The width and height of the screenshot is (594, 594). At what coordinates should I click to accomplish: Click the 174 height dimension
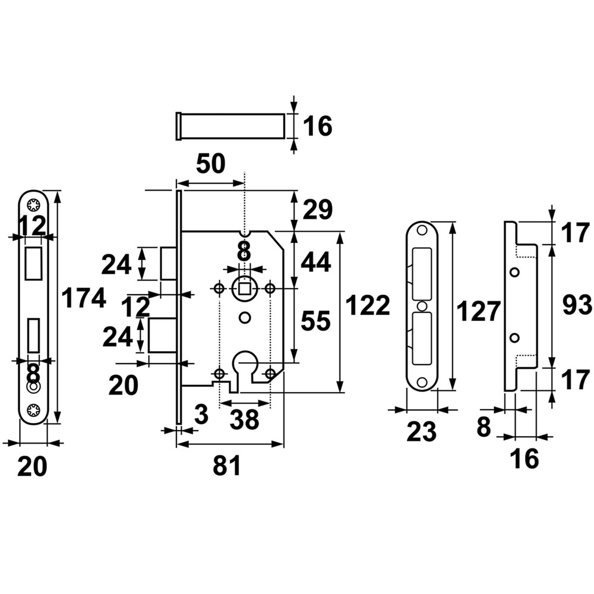click(84, 298)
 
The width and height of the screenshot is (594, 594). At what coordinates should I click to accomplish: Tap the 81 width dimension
click(227, 466)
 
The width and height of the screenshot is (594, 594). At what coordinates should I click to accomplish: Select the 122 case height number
click(368, 306)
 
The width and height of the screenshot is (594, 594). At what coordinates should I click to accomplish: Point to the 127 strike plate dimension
click(478, 311)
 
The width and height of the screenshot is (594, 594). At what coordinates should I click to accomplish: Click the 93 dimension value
click(577, 305)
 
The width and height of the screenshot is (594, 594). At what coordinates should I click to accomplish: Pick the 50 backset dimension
click(211, 164)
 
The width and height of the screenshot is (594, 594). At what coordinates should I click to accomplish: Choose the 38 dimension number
click(244, 420)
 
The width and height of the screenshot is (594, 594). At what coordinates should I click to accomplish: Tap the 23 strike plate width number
click(422, 432)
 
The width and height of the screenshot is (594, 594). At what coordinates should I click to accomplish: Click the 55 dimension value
click(315, 321)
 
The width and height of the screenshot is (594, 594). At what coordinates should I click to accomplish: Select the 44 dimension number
click(315, 262)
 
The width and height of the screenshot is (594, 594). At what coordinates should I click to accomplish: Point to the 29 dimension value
click(318, 210)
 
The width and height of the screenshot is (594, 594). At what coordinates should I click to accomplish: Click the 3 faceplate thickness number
click(201, 414)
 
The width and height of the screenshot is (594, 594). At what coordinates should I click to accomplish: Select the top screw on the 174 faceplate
click(33, 205)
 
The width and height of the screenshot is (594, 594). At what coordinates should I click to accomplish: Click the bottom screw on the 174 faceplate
click(33, 409)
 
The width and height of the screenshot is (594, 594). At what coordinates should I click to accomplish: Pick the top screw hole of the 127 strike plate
click(422, 230)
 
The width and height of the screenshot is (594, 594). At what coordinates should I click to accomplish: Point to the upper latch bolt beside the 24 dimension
click(169, 263)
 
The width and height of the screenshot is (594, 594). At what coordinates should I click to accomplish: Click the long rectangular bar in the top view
click(230, 126)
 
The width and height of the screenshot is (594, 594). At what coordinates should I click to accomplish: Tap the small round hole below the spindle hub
click(245, 317)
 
